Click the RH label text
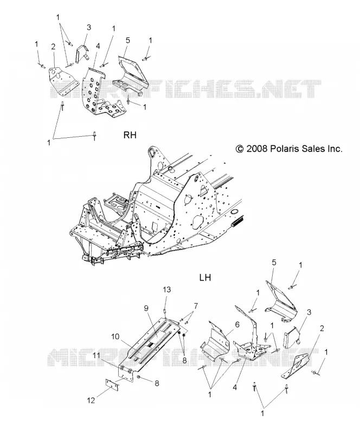(x=130, y=135)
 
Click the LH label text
(x=205, y=277)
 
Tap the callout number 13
(x=167, y=290)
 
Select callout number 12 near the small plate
(x=91, y=400)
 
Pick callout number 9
(x=146, y=308)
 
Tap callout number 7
(x=196, y=306)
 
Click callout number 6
(x=237, y=324)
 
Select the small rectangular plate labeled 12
(x=112, y=385)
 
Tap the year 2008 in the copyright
(x=257, y=149)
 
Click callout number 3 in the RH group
(x=89, y=27)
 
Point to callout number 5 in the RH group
(x=127, y=40)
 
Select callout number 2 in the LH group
(x=322, y=328)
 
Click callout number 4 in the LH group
(x=235, y=387)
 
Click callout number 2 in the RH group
(x=54, y=46)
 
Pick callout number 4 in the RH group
(x=98, y=46)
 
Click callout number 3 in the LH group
(x=309, y=312)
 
